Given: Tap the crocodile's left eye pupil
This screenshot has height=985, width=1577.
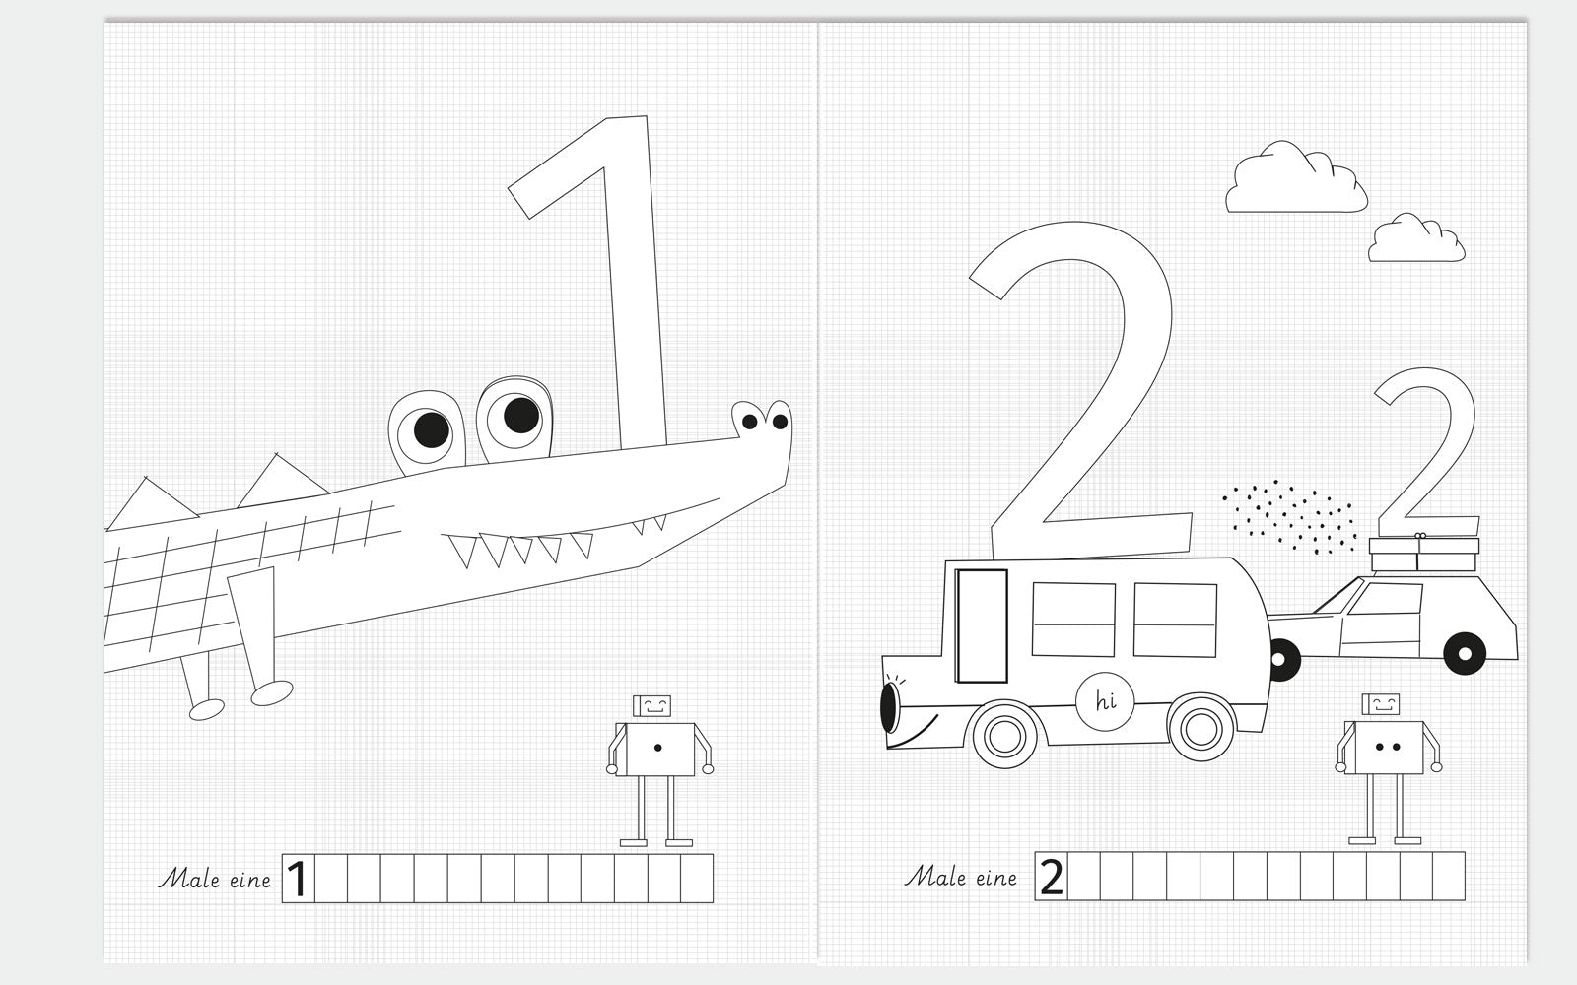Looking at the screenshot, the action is (x=431, y=429).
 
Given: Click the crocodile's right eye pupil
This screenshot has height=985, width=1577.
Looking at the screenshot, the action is (x=521, y=415).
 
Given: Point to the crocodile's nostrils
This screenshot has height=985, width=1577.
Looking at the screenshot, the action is (x=765, y=422).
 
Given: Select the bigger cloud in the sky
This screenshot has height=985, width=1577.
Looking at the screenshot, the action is (x=1296, y=179).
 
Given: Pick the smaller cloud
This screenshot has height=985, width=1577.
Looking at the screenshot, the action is (x=1415, y=239).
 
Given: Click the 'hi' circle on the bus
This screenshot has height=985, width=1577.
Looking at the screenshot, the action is (x=1105, y=701).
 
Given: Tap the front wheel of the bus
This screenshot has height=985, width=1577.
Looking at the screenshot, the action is (x=1004, y=735).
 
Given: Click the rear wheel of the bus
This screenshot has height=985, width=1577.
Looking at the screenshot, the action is (x=1200, y=728).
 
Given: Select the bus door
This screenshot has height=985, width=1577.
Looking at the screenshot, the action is (x=982, y=626).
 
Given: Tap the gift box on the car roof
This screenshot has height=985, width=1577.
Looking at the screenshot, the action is (x=1423, y=553).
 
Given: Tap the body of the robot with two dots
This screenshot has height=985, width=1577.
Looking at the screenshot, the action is (x=1384, y=748).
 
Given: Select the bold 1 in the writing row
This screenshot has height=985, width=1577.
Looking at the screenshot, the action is (x=297, y=879).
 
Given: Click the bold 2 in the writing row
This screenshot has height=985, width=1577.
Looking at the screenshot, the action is (x=1051, y=877).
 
